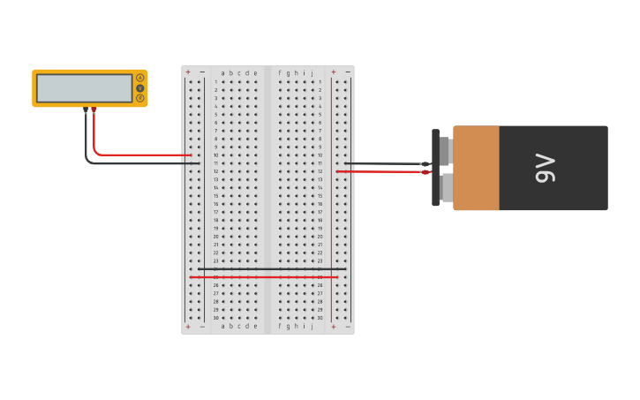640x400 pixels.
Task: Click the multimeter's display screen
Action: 84,88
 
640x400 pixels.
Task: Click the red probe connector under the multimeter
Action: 94,110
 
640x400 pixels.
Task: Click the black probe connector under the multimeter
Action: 86,110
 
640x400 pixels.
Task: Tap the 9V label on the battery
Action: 546,168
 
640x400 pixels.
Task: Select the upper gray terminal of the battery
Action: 446,151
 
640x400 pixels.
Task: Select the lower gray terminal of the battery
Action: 446,186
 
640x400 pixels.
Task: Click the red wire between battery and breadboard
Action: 380,171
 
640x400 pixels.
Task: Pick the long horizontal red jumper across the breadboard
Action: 265,277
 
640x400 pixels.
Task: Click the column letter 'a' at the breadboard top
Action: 223,72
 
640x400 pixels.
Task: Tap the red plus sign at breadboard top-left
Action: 188,72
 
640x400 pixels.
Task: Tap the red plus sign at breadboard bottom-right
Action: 334,327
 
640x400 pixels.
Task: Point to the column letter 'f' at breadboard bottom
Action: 280,326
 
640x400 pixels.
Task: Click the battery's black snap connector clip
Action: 435,168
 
